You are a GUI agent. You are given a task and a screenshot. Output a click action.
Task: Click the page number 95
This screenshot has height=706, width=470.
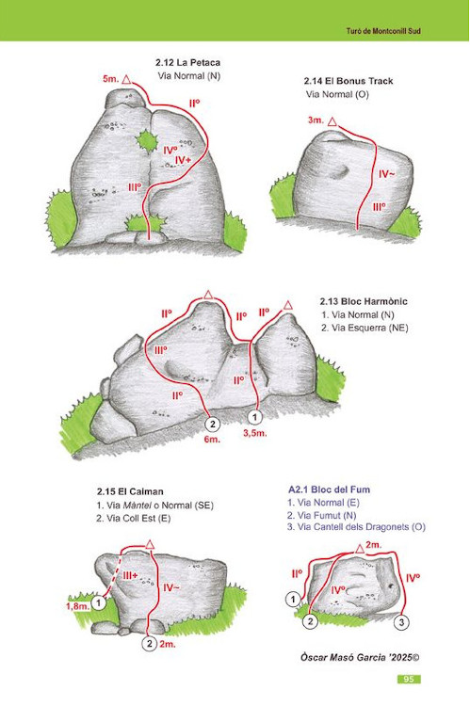(409, 679)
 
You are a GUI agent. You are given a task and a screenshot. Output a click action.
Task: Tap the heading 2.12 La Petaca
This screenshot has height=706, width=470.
(188, 62)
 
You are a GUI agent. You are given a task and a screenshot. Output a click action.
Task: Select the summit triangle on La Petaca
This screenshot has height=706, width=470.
(126, 80)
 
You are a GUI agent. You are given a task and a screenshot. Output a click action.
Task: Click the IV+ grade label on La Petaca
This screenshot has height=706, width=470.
(183, 160)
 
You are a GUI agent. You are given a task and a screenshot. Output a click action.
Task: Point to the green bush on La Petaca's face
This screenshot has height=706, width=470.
(146, 141)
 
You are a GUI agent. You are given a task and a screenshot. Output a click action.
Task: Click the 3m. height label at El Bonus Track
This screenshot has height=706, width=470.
(316, 120)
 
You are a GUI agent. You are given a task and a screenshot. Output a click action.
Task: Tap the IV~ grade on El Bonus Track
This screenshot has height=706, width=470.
(386, 174)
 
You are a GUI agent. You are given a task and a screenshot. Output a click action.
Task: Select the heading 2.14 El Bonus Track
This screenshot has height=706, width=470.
(348, 81)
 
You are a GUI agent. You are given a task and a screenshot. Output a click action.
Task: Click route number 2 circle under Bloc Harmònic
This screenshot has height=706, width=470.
(212, 424)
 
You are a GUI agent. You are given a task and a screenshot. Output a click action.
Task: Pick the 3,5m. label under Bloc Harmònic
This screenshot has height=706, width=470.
(254, 434)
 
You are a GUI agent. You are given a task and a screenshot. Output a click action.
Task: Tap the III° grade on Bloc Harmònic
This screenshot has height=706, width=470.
(160, 350)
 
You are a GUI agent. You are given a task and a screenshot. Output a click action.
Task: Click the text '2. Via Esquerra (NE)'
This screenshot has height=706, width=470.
(365, 328)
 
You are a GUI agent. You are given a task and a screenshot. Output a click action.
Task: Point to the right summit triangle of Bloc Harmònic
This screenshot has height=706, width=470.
(288, 306)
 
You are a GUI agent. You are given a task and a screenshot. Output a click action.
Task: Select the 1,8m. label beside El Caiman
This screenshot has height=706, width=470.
(78, 606)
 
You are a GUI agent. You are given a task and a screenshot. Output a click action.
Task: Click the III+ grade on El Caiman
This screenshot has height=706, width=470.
(131, 575)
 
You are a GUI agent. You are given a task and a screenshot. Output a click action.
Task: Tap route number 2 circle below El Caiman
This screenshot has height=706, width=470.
(150, 644)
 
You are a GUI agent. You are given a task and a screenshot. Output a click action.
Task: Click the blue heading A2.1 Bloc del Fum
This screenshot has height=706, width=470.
(329, 489)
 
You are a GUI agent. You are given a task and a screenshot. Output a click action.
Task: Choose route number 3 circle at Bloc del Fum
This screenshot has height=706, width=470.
(401, 623)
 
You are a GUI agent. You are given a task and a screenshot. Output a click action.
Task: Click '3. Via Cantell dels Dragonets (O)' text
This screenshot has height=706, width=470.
(356, 527)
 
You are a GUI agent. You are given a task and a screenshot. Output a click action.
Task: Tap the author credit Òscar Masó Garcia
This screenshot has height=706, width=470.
(346, 657)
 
